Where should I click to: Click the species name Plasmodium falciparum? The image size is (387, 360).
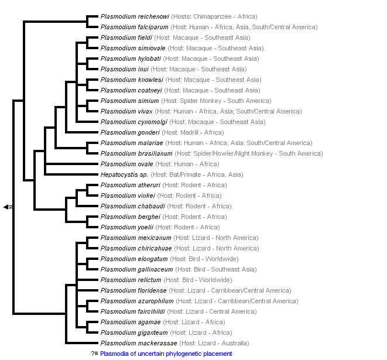tap(135, 28)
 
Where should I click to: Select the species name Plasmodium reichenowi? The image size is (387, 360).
tap(135, 17)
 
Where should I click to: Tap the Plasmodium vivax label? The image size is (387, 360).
tap(126, 112)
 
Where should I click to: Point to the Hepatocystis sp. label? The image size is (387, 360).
tap(124, 175)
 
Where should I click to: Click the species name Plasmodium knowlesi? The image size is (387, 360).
tap(131, 80)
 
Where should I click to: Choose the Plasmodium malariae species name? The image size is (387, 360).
tap(131, 143)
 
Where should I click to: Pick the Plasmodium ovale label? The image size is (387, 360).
tap(126, 164)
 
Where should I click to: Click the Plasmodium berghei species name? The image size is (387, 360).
tap(128, 217)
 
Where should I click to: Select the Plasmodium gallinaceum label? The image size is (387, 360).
tap(136, 270)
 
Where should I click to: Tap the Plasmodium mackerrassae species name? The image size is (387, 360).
tap(139, 344)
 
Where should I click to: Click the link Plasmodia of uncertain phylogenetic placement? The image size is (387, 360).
tap(166, 354)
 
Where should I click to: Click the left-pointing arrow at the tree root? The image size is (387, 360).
tap(6, 207)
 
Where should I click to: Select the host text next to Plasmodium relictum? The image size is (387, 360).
tap(201, 280)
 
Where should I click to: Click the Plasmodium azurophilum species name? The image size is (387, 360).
tap(136, 301)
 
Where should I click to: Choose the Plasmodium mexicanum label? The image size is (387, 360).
tap(136, 238)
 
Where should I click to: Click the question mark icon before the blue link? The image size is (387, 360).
tap(94, 354)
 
